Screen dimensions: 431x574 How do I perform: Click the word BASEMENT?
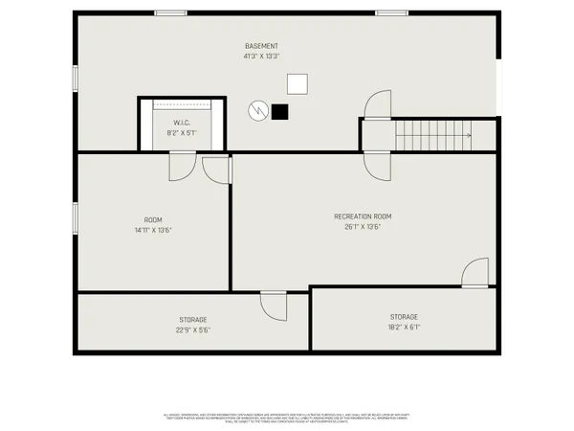(x=261, y=46)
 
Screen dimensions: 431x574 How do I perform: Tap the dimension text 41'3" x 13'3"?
(x=261, y=57)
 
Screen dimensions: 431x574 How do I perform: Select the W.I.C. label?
(x=183, y=123)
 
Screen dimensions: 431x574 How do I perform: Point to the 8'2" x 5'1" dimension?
(x=183, y=133)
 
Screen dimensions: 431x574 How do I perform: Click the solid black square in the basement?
(x=279, y=111)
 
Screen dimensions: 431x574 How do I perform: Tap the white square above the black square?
(x=298, y=83)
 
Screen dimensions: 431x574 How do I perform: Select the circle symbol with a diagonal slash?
(x=256, y=111)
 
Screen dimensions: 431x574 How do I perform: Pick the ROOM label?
(x=153, y=219)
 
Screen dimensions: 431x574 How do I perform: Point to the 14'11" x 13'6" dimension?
(x=153, y=230)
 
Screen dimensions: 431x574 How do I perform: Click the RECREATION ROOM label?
(x=363, y=216)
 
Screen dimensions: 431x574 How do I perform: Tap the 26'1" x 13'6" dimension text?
(x=363, y=227)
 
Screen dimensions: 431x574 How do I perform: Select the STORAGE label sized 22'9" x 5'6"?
(x=192, y=319)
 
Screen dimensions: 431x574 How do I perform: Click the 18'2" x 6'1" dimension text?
(x=403, y=327)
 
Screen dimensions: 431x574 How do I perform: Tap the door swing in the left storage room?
(x=274, y=306)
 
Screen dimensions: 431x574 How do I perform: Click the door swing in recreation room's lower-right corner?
(x=475, y=274)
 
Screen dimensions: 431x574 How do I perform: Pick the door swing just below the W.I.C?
(x=181, y=167)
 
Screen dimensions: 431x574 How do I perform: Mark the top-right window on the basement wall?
(x=390, y=12)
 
